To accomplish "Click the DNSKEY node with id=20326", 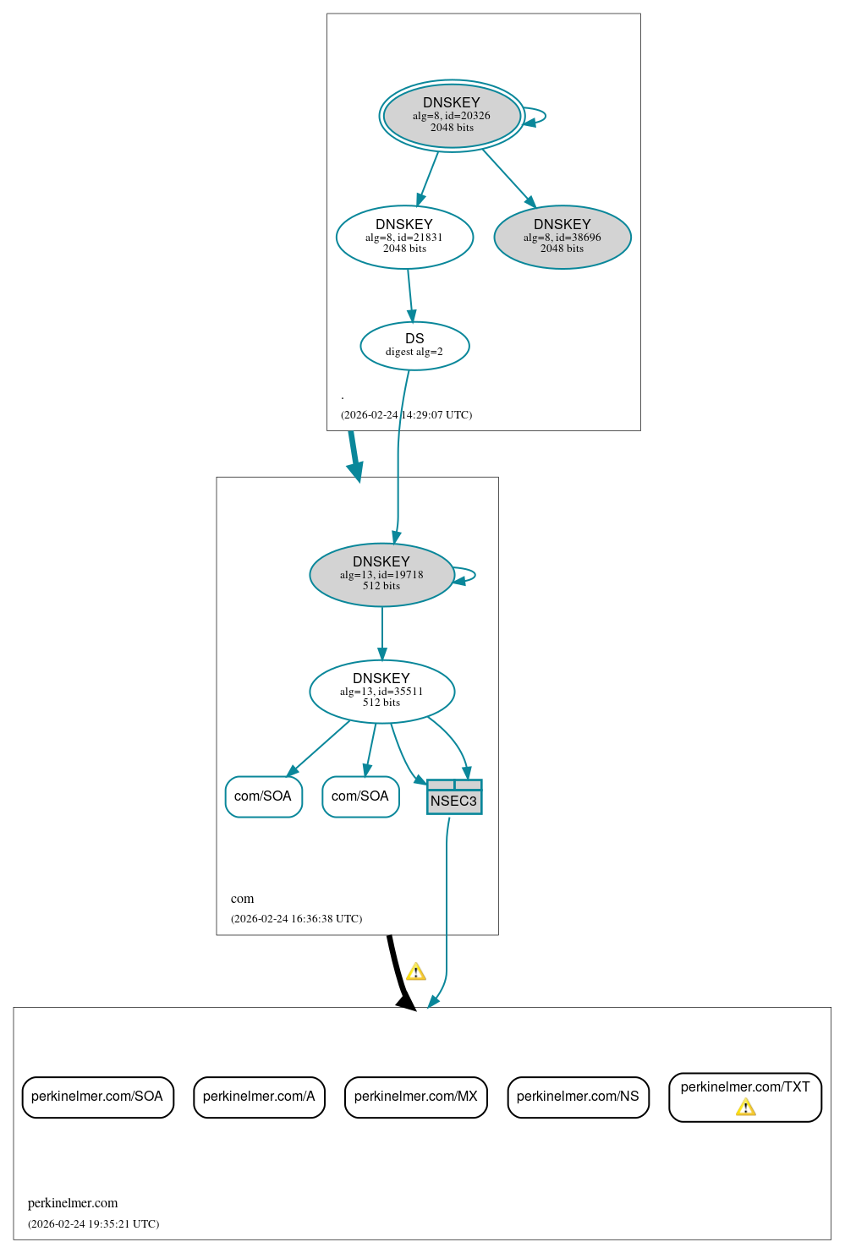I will [x=452, y=116].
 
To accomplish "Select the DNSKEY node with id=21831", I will [x=404, y=237].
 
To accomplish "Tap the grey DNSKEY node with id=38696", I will [x=562, y=237].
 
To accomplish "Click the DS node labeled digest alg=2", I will [x=414, y=346].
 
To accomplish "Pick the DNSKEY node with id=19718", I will [x=381, y=574].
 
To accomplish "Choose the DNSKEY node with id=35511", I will [x=381, y=691].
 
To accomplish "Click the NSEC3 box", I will [x=454, y=797].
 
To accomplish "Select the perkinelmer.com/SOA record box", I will [x=97, y=1097].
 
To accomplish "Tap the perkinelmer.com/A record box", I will [x=259, y=1097].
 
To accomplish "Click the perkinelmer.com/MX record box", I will [x=415, y=1097].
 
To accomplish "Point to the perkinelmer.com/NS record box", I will [x=578, y=1097].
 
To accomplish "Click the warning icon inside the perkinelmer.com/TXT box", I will [x=745, y=1107].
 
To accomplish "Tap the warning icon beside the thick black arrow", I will [x=415, y=971].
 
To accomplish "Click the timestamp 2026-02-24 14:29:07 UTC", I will [x=406, y=414].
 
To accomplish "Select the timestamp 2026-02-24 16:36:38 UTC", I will [x=296, y=918].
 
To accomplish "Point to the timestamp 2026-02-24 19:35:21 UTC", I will [x=93, y=1223].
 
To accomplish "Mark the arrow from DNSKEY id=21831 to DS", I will [x=410, y=295].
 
